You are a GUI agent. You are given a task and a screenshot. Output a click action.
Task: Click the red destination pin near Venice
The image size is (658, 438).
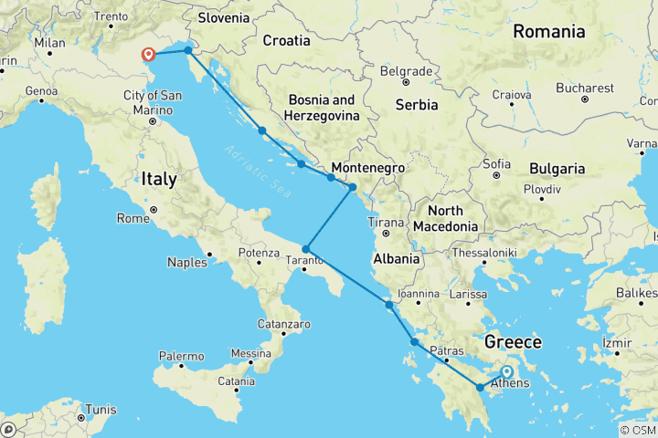tap(148, 55)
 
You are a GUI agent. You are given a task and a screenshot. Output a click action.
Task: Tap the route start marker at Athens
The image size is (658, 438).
tap(506, 372)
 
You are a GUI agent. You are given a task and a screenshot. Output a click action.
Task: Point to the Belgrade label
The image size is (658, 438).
tap(406, 70)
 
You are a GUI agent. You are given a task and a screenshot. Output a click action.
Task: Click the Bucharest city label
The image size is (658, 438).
tap(584, 88)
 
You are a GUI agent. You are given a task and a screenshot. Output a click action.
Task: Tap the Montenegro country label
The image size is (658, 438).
tap(367, 169)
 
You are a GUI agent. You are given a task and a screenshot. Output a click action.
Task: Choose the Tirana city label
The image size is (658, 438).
tap(385, 222)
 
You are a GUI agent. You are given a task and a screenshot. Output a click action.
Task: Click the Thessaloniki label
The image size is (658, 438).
tap(487, 253)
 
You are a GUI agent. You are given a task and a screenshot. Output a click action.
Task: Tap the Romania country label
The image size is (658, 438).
tap(548, 32)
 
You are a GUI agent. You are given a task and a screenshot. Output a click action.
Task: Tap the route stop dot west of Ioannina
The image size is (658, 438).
tap(388, 305)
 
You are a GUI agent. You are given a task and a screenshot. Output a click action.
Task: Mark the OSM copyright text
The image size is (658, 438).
tap(638, 430)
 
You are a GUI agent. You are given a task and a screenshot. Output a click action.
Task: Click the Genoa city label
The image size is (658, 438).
tap(43, 90)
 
